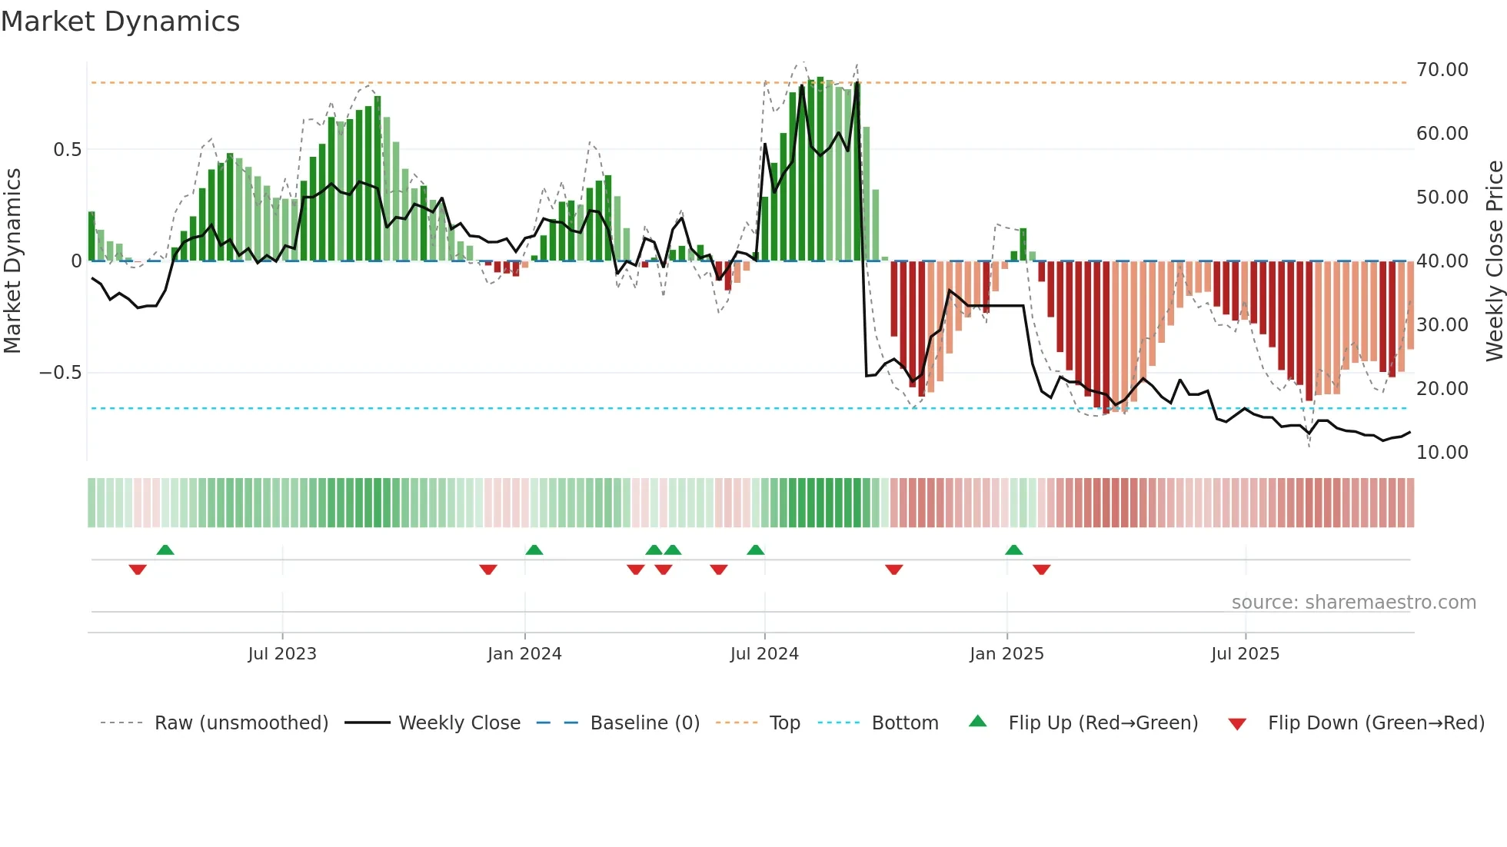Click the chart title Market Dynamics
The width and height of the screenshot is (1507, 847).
tap(121, 22)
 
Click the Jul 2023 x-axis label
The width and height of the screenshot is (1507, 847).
tap(282, 653)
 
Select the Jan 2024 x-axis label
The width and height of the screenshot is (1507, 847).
tap(524, 653)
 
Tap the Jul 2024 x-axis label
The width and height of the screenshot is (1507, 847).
tap(764, 653)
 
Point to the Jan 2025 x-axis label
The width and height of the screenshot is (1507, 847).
tap(1006, 653)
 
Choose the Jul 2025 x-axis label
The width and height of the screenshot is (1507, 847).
tap(1245, 653)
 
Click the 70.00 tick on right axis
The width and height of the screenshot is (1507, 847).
tap(1442, 70)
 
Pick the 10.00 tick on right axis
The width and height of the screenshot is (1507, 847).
tap(1442, 452)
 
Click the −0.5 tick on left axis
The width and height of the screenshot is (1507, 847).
tap(60, 373)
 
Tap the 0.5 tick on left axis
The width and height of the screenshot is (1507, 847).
tap(67, 150)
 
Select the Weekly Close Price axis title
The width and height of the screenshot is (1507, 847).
tap(1494, 261)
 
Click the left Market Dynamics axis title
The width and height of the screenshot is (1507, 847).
tap(12, 261)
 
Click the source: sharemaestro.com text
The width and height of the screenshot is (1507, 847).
tap(1353, 603)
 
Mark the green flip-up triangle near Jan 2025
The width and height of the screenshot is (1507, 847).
tap(1013, 550)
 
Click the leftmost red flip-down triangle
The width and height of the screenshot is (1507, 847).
tap(138, 569)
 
